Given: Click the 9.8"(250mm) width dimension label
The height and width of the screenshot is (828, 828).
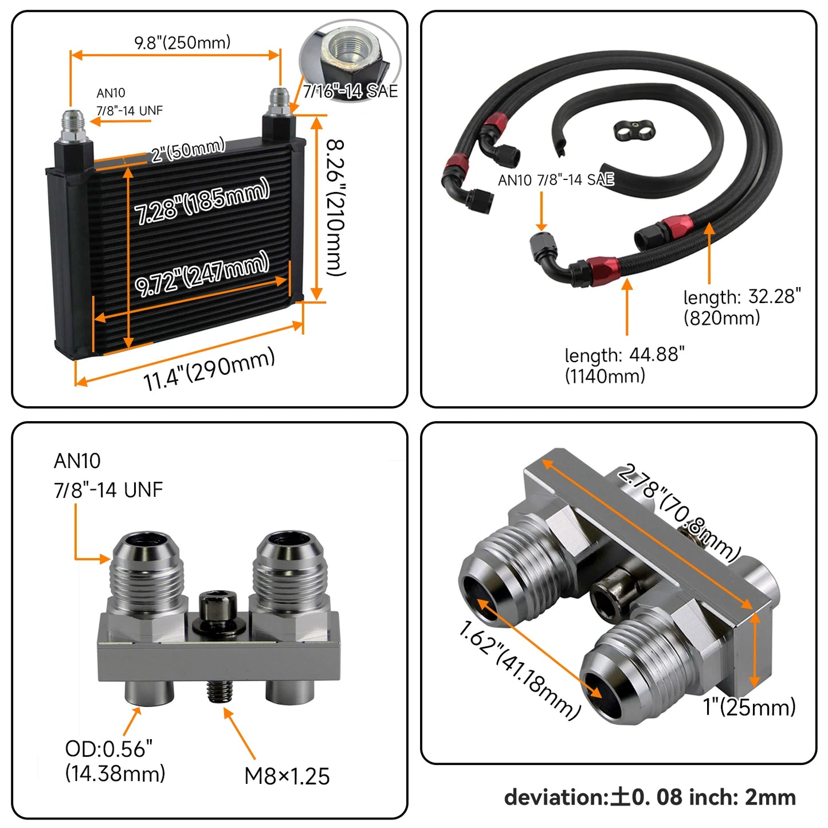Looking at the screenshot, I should pyautogui.click(x=182, y=42).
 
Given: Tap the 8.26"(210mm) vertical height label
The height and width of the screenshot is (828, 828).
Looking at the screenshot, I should pyautogui.click(x=336, y=207).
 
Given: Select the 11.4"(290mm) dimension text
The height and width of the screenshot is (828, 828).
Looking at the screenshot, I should pyautogui.click(x=209, y=370).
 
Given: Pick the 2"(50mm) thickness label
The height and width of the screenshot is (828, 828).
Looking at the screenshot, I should pyautogui.click(x=188, y=150).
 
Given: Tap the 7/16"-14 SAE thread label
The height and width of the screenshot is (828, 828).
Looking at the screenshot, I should pyautogui.click(x=350, y=91).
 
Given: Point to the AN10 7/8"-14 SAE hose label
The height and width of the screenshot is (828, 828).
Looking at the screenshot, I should pyautogui.click(x=556, y=180).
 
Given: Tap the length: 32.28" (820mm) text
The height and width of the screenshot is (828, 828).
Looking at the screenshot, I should pyautogui.click(x=741, y=307).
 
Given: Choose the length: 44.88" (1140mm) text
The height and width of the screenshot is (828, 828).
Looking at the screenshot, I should pyautogui.click(x=624, y=365).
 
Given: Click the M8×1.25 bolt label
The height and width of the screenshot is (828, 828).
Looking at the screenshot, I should pyautogui.click(x=287, y=776).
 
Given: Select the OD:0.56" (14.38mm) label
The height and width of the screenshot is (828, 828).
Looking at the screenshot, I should pyautogui.click(x=115, y=761).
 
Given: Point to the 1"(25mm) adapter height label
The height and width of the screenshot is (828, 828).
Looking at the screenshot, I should pyautogui.click(x=749, y=707).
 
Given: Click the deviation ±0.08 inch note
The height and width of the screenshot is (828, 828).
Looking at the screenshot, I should pyautogui.click(x=650, y=797).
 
